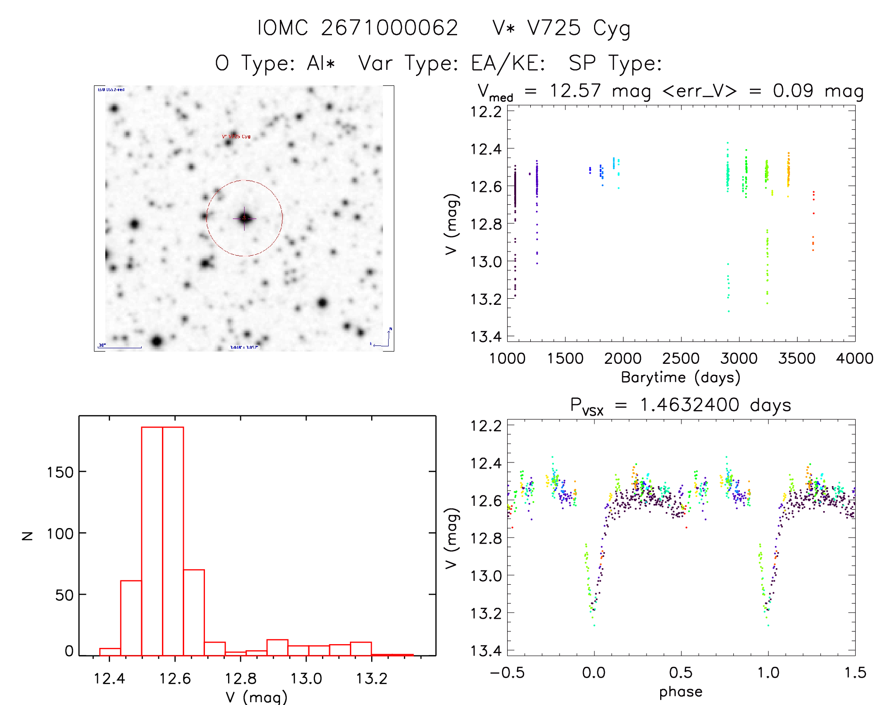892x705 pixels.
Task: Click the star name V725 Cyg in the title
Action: point(561,28)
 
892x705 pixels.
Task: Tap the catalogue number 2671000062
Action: point(390,28)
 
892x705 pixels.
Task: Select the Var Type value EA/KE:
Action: point(508,63)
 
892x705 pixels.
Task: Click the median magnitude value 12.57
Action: point(575,91)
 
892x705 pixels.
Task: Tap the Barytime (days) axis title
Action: point(680,378)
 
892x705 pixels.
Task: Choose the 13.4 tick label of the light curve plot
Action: point(486,336)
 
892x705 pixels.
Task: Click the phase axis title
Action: point(680,692)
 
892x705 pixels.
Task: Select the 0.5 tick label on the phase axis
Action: point(680,673)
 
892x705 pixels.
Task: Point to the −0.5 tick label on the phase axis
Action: point(507,673)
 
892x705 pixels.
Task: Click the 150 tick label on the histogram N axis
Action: point(60,472)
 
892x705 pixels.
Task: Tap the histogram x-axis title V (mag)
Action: point(256,697)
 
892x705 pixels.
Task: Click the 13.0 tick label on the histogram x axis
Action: point(306,679)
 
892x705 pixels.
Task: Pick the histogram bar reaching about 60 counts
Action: point(131,618)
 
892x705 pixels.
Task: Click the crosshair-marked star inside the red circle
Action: point(244,218)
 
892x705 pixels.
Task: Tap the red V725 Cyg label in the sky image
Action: point(237,137)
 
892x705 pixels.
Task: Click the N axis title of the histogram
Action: point(27,536)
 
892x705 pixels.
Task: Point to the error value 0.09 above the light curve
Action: point(793,91)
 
